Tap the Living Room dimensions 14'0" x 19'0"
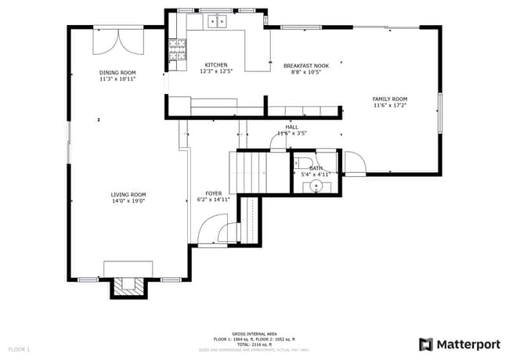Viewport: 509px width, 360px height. (x=128, y=201)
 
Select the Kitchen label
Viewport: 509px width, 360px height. (x=216, y=65)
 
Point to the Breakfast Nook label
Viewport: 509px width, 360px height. (x=305, y=66)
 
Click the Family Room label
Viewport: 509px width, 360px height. (x=389, y=99)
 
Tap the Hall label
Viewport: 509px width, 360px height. (x=291, y=127)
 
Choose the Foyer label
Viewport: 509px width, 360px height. (x=213, y=193)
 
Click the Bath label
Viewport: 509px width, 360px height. (x=316, y=168)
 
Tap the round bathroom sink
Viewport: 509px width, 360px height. (x=316, y=185)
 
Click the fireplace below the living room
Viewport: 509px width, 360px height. (x=128, y=287)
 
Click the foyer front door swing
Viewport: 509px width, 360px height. (x=209, y=232)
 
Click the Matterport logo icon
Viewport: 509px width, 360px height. (x=425, y=344)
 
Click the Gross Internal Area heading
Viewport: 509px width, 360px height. (x=254, y=333)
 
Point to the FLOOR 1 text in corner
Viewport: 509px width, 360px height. (x=19, y=348)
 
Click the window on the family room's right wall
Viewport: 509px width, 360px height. (x=441, y=110)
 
